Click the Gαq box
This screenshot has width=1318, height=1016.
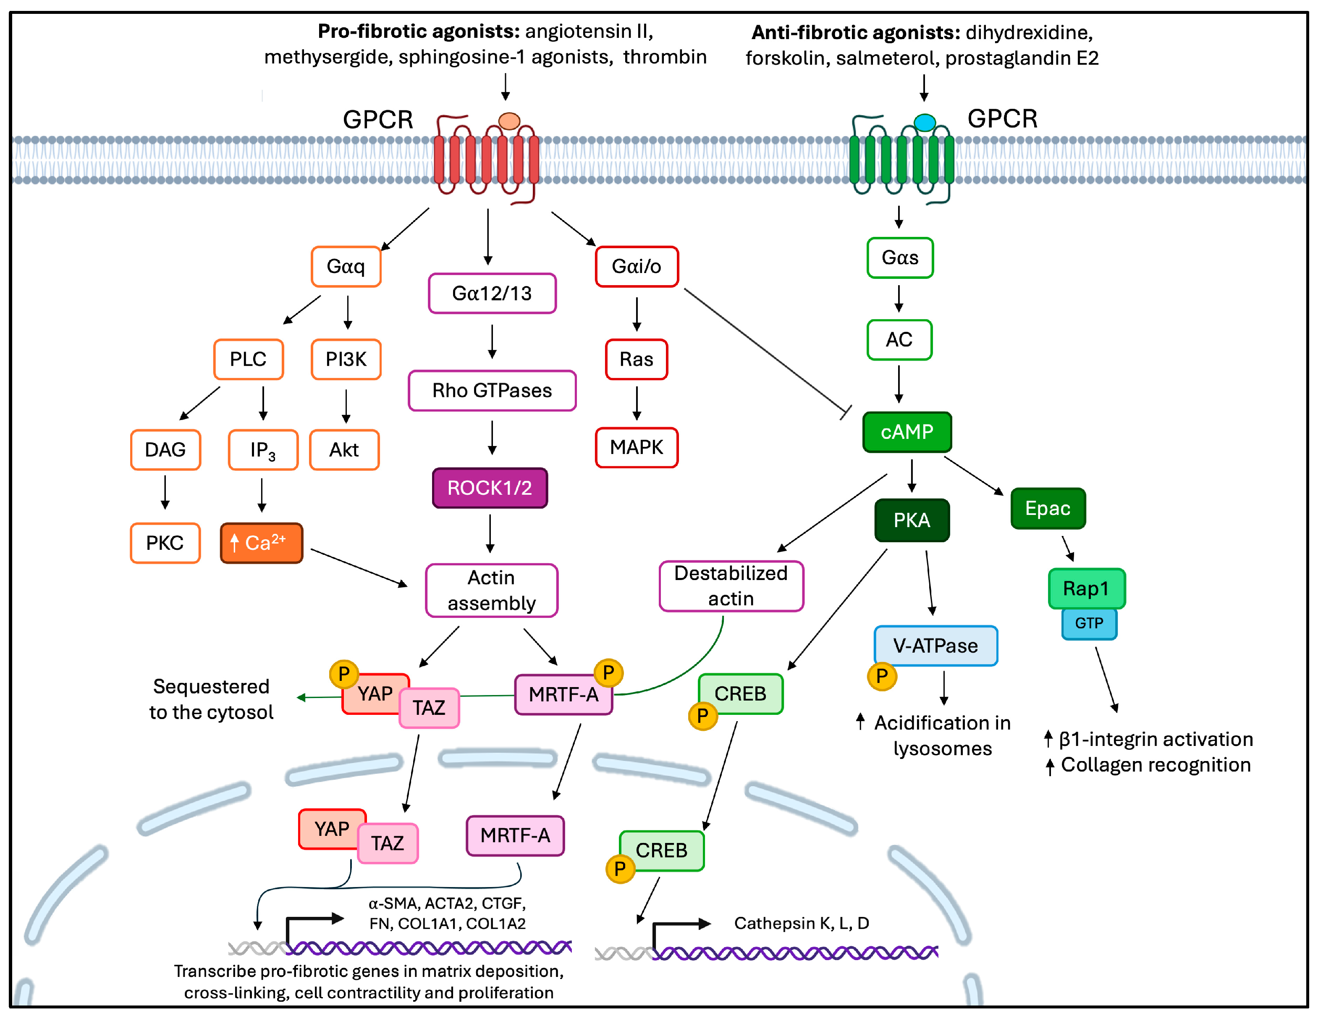point(346,266)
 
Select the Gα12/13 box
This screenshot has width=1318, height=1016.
point(492,294)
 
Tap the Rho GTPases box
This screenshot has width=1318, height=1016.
point(492,391)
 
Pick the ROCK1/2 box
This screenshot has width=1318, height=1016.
point(490,488)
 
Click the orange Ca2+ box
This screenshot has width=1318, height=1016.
point(261,543)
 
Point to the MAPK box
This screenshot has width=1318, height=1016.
point(636,447)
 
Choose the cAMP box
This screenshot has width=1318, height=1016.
point(907,432)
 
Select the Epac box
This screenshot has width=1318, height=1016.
point(1048,508)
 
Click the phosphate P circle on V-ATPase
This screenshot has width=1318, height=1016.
point(882,676)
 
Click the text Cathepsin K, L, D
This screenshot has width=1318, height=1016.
point(802,923)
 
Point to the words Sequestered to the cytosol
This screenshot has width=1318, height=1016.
point(211,699)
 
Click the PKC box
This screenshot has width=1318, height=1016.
point(165,543)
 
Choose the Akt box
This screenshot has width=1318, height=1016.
point(344,450)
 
